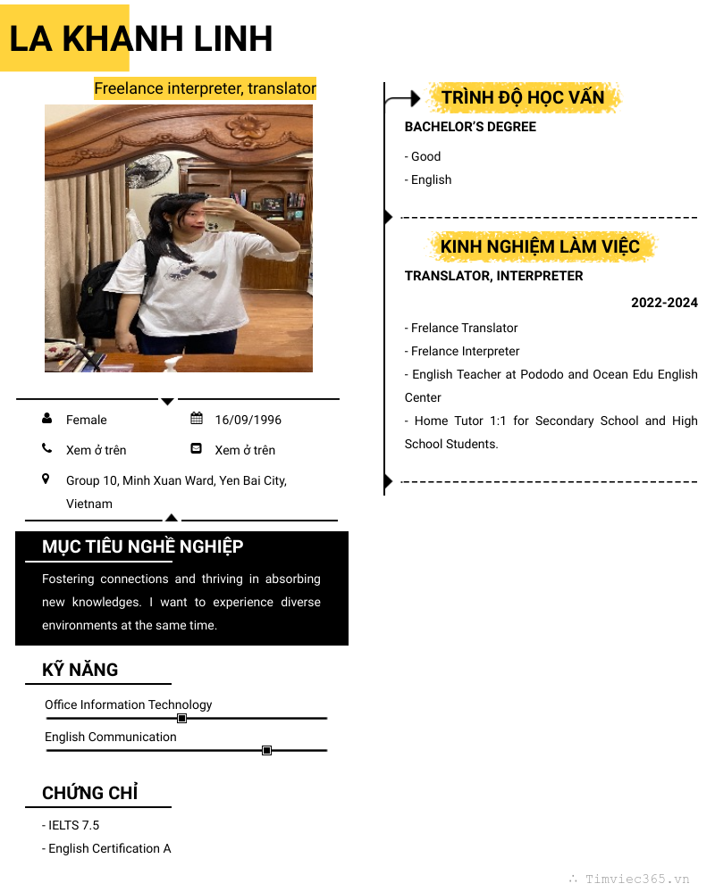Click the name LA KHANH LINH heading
click(140, 39)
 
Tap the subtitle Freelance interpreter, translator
click(205, 88)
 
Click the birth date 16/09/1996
click(248, 420)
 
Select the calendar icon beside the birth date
click(197, 419)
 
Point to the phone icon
click(46, 449)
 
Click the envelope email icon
click(197, 449)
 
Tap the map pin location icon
click(46, 479)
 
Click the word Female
click(86, 420)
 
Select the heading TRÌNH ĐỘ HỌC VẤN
click(523, 97)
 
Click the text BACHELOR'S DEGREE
click(470, 127)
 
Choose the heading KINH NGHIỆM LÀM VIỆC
click(540, 246)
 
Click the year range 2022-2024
click(664, 303)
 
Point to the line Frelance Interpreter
click(465, 351)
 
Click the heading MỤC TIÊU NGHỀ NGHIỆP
click(142, 546)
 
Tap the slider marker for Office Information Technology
click(181, 718)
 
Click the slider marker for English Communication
click(266, 750)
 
